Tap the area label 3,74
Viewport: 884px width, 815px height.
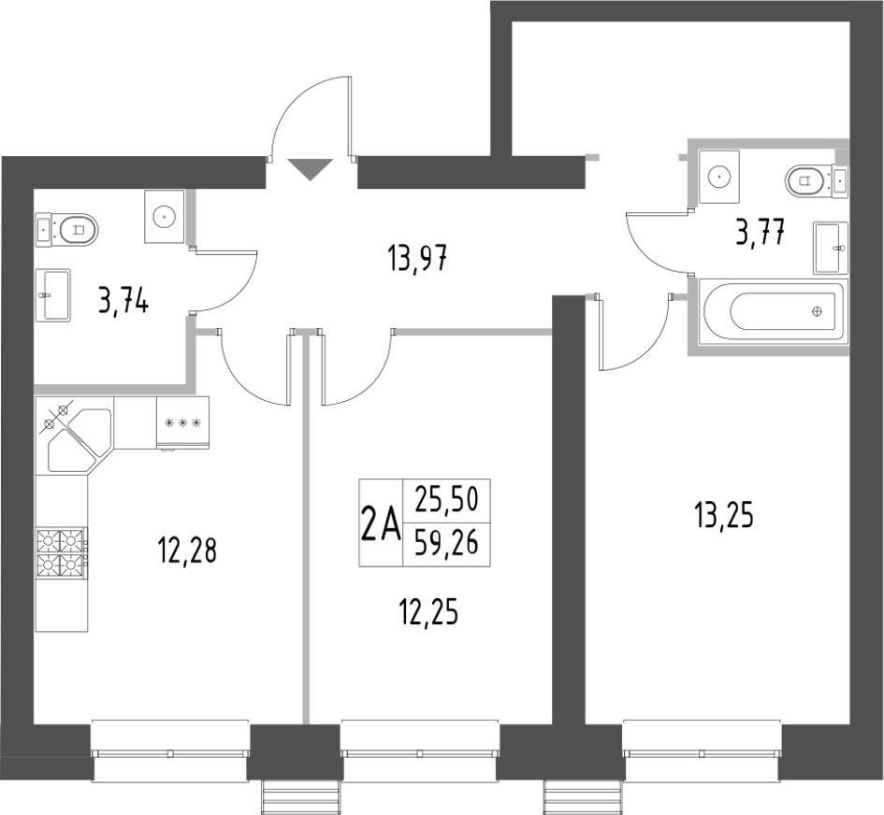(x=123, y=301)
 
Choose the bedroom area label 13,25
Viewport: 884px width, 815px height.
(x=723, y=514)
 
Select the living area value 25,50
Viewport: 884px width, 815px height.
(x=446, y=502)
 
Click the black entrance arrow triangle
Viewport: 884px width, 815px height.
(x=310, y=169)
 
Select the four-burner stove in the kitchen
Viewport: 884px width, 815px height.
(x=63, y=552)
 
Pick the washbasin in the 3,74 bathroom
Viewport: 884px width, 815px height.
(x=53, y=294)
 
